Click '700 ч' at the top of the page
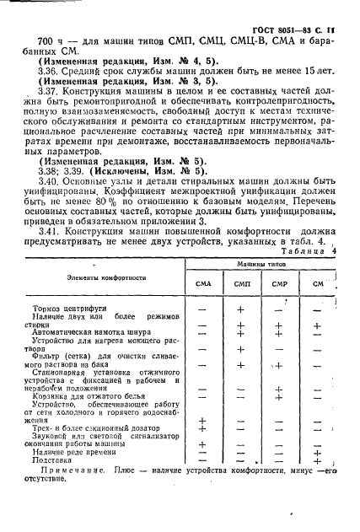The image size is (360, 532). pyautogui.click(x=31, y=40)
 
